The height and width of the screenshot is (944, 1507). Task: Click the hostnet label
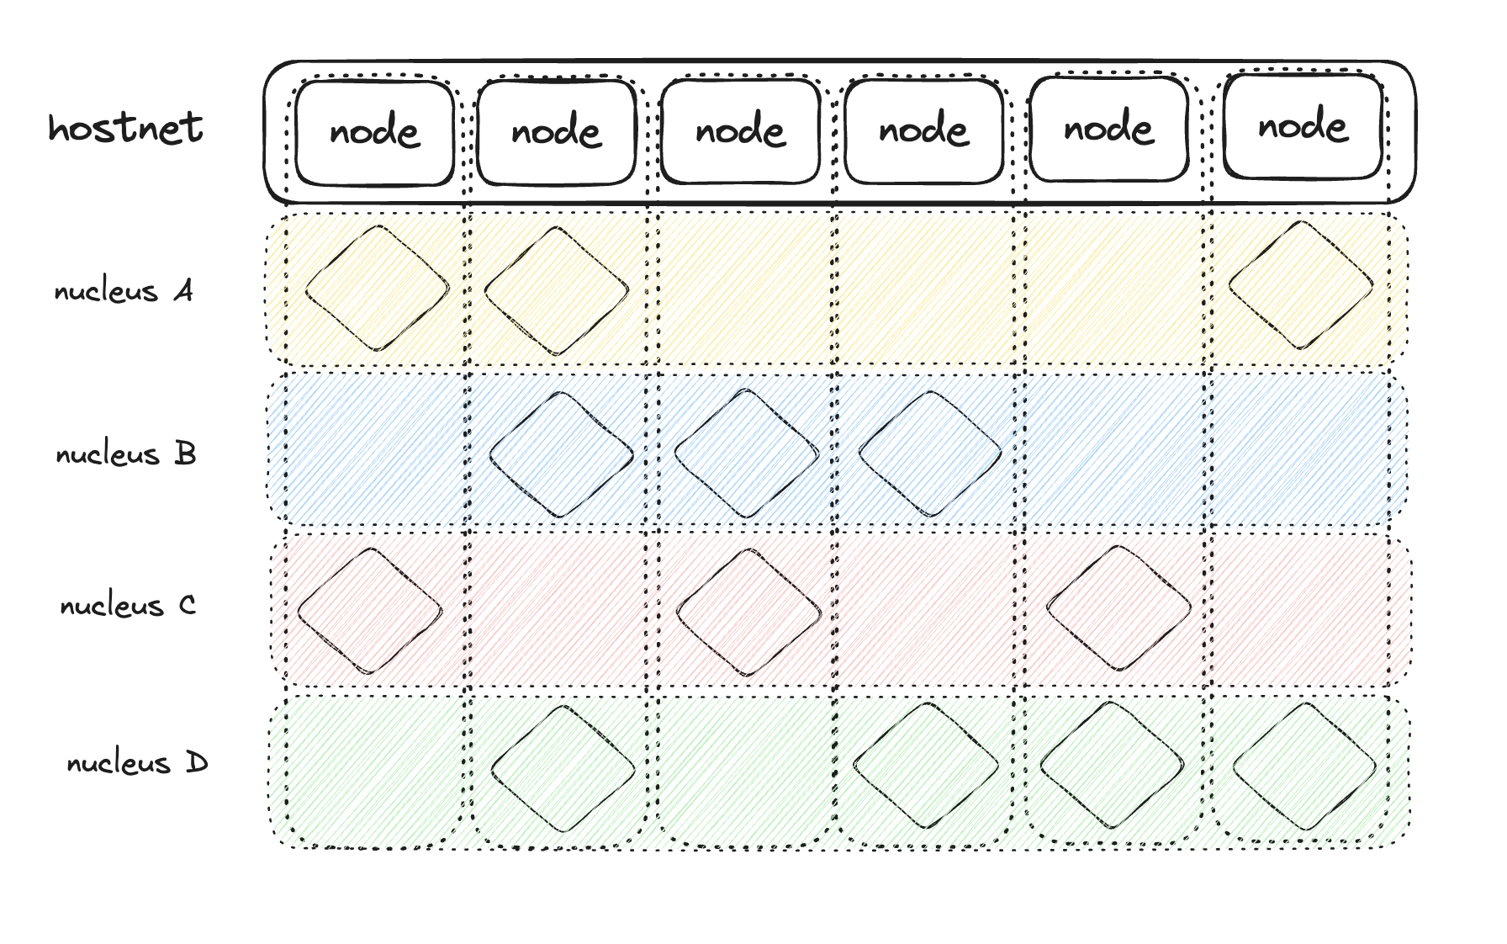coord(125,128)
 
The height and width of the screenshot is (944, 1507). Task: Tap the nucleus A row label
coord(124,291)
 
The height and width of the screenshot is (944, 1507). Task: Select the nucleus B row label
coord(126,454)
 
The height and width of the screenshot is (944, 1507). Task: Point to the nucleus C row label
coord(128,606)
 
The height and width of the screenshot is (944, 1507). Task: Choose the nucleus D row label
coord(137,763)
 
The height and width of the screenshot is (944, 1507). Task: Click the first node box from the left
coord(374,132)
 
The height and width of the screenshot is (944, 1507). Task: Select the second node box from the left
coord(556,132)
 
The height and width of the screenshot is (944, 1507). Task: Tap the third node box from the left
coord(740,130)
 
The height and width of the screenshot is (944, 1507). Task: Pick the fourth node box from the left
coord(923,130)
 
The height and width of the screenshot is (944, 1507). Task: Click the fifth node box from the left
coord(1108,129)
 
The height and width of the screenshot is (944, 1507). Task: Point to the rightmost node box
coord(1303,126)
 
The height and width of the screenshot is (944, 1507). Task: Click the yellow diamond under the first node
coord(377,288)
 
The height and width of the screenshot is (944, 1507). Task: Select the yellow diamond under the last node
coord(1301,285)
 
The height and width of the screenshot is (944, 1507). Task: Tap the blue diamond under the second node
coord(561,454)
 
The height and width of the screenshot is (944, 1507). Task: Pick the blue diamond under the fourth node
coord(930,453)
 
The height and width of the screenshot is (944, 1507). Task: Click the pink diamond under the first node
coord(370,611)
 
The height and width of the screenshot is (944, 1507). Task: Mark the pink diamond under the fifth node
coord(1118,607)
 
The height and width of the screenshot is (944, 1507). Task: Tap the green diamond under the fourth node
coord(925,766)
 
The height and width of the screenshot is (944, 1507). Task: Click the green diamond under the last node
coord(1304,766)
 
